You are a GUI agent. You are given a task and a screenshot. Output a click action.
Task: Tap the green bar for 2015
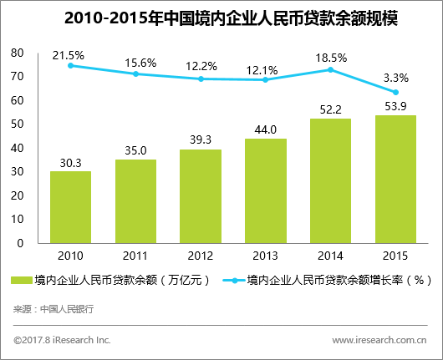pyautogui.click(x=396, y=180)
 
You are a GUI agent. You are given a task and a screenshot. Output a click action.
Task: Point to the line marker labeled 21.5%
pyautogui.click(x=70, y=65)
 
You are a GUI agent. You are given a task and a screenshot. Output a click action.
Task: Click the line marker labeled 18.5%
pyautogui.click(x=331, y=69)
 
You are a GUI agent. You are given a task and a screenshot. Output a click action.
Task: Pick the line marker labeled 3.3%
pyautogui.click(x=396, y=92)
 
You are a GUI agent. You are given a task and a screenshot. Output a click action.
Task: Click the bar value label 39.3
pyautogui.click(x=201, y=141)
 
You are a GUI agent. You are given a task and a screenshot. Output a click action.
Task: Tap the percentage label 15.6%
pyautogui.click(x=135, y=62)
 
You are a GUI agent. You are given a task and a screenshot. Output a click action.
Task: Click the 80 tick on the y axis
pyautogui.click(x=17, y=53)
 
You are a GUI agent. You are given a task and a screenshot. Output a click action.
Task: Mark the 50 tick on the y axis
pyautogui.click(x=17, y=124)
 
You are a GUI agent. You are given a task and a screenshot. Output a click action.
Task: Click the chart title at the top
pyautogui.click(x=221, y=18)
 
